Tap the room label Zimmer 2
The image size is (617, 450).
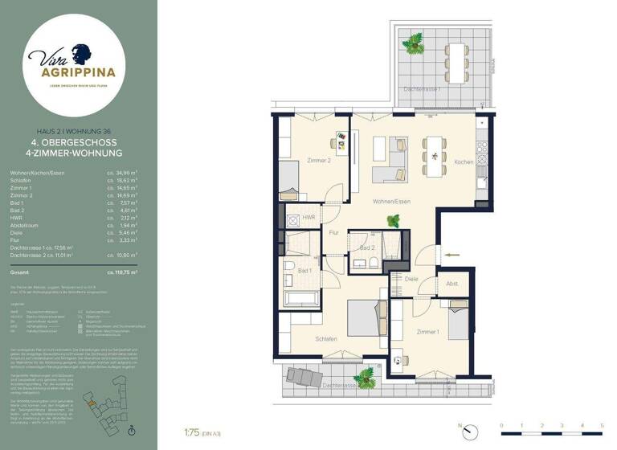click(x=320, y=161)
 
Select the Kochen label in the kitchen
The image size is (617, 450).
click(x=464, y=162)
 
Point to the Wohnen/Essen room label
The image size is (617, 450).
click(x=391, y=201)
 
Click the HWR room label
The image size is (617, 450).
click(x=307, y=217)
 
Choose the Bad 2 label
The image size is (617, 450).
click(x=366, y=248)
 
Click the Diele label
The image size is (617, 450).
click(x=411, y=279)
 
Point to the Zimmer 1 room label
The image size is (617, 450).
click(x=427, y=331)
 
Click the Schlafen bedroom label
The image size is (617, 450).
click(x=326, y=339)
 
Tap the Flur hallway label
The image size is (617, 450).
click(x=334, y=233)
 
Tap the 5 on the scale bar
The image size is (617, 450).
click(x=602, y=424)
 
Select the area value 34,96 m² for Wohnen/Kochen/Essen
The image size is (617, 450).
click(x=123, y=173)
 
